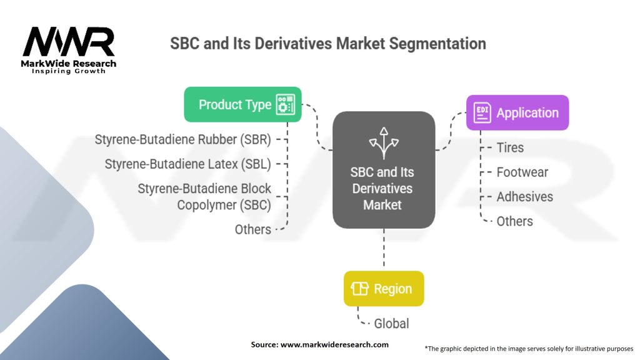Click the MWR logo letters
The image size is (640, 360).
[x=69, y=42]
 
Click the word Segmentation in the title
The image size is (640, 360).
[x=436, y=44]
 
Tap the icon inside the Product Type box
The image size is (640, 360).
[x=286, y=104]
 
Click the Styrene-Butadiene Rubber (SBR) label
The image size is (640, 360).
[x=182, y=139]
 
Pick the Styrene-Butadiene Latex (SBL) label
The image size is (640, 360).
[x=187, y=164]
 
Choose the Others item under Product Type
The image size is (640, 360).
[x=252, y=229]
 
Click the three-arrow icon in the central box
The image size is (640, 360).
[x=383, y=141]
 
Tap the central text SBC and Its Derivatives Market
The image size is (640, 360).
[x=383, y=188]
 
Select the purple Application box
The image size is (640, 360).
[x=517, y=112]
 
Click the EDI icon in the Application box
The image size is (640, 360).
[x=482, y=113]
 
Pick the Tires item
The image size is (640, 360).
[x=510, y=148]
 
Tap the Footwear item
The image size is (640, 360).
[x=522, y=172]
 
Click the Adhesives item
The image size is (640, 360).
[x=524, y=197]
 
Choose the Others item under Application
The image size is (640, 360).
[x=514, y=221]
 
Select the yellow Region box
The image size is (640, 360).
[x=383, y=289]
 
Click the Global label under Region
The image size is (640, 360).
[x=391, y=324]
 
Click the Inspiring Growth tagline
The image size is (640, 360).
[x=69, y=71]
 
